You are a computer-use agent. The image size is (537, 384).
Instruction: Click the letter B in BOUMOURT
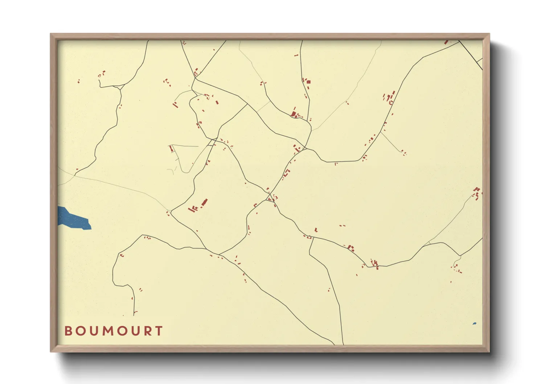pos(68,331)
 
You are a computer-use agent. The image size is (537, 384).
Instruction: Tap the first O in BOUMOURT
pos(81,331)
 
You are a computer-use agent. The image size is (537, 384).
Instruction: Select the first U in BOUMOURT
pos(94,331)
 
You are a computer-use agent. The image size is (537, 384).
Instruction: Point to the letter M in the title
pos(108,331)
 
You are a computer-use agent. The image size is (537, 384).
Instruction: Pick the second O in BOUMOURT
pos(122,331)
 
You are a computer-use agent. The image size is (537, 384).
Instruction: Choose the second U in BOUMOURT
pos(135,331)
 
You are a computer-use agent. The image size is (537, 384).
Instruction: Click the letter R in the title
pos(147,331)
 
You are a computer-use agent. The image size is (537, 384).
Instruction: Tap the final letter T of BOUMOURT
pos(159,331)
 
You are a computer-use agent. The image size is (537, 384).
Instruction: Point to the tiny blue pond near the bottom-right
pos(474,323)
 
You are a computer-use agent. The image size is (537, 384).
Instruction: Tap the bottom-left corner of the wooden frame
pos(51,351)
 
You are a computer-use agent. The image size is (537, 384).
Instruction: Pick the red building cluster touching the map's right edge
pos(477,193)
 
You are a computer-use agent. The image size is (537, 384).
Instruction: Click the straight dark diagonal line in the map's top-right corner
pos(471,54)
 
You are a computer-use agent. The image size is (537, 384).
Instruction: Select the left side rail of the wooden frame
pos(54,192)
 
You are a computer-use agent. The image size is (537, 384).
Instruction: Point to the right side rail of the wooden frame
pos(486,192)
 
